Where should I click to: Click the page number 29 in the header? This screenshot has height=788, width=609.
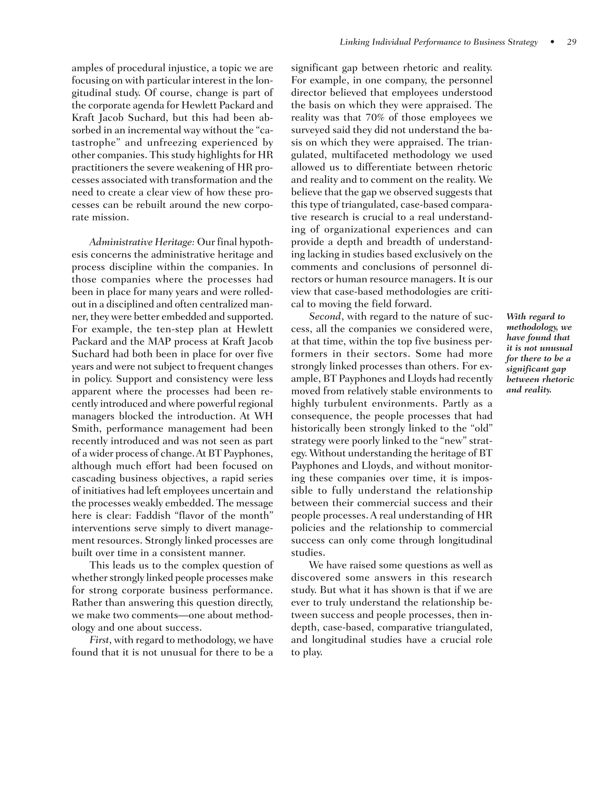572,42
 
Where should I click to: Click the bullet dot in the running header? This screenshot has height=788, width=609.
553,42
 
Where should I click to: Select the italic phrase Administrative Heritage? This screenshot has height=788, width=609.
140,242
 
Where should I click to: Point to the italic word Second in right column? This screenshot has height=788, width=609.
325,316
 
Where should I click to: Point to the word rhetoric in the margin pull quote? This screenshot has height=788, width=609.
559,379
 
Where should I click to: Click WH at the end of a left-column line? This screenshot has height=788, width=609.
264,416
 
